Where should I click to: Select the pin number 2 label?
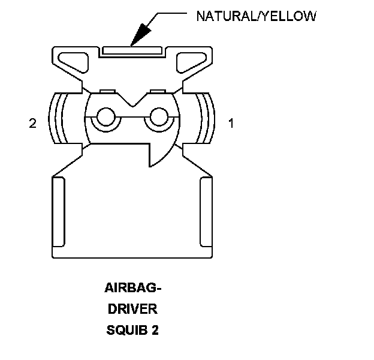click(x=32, y=124)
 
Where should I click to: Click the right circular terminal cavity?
click(x=159, y=117)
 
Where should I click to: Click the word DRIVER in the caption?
click(x=132, y=310)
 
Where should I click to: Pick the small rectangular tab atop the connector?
click(x=133, y=49)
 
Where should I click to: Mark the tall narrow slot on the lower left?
click(x=59, y=212)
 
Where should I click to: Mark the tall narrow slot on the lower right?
click(x=205, y=212)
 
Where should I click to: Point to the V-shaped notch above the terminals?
click(x=133, y=100)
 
